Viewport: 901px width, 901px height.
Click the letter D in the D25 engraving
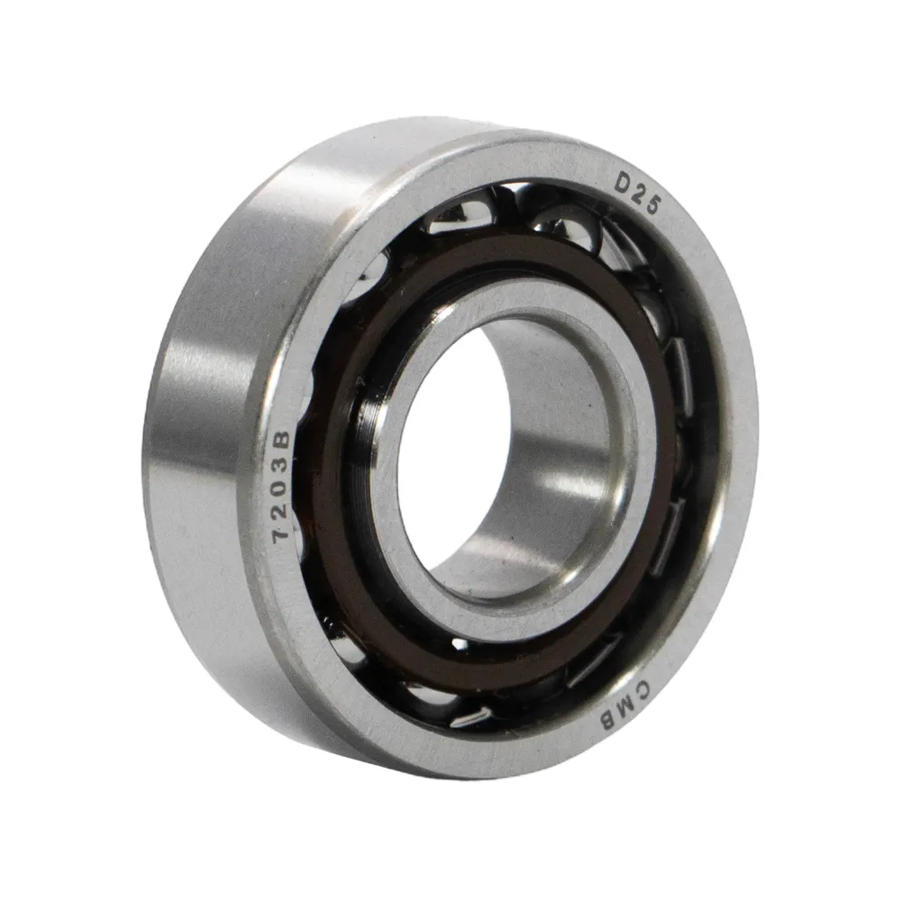(x=623, y=183)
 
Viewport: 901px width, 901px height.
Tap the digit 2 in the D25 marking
(x=639, y=195)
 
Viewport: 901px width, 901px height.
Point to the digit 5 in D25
(x=652, y=205)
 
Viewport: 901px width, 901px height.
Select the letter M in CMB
(x=627, y=705)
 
